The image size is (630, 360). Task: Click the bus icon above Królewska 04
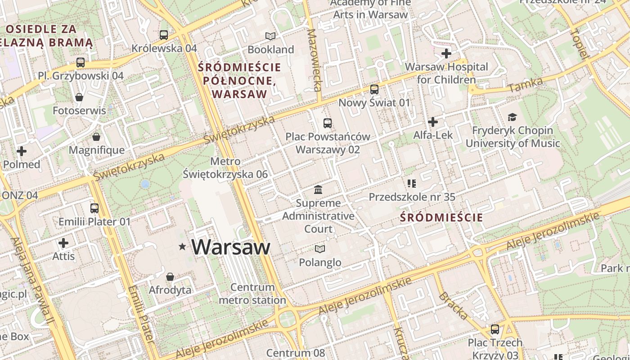(x=164, y=35)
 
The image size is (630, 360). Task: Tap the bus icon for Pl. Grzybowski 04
(x=81, y=63)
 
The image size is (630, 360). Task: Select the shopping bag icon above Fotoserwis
(x=79, y=97)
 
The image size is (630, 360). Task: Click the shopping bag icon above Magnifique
(x=96, y=137)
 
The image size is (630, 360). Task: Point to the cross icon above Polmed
(x=21, y=151)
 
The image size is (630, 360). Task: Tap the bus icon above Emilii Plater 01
(x=94, y=208)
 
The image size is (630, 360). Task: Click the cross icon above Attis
(x=63, y=243)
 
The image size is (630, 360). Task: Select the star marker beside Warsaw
(x=182, y=247)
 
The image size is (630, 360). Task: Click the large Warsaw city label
(x=231, y=247)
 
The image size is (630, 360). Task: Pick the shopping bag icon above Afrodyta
(x=170, y=277)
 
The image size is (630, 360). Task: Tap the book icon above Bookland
(x=270, y=36)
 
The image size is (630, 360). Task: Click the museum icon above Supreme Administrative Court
(x=318, y=189)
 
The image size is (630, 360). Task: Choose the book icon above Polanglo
(x=320, y=249)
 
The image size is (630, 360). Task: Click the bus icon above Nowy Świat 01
(x=374, y=90)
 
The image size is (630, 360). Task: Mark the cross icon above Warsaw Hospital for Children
(x=446, y=54)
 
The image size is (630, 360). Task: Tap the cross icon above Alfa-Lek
(x=433, y=122)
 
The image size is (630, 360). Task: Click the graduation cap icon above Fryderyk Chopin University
(x=512, y=117)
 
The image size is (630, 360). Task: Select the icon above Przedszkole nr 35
(x=411, y=183)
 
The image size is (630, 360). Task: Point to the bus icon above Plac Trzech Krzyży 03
(x=495, y=329)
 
